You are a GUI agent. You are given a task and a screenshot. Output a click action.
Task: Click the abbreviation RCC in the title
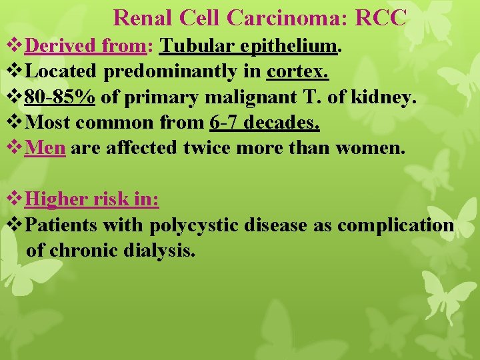[381, 18]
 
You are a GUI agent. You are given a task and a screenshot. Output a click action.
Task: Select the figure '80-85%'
[59, 98]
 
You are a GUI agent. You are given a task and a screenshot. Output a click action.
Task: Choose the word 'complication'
[395, 225]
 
